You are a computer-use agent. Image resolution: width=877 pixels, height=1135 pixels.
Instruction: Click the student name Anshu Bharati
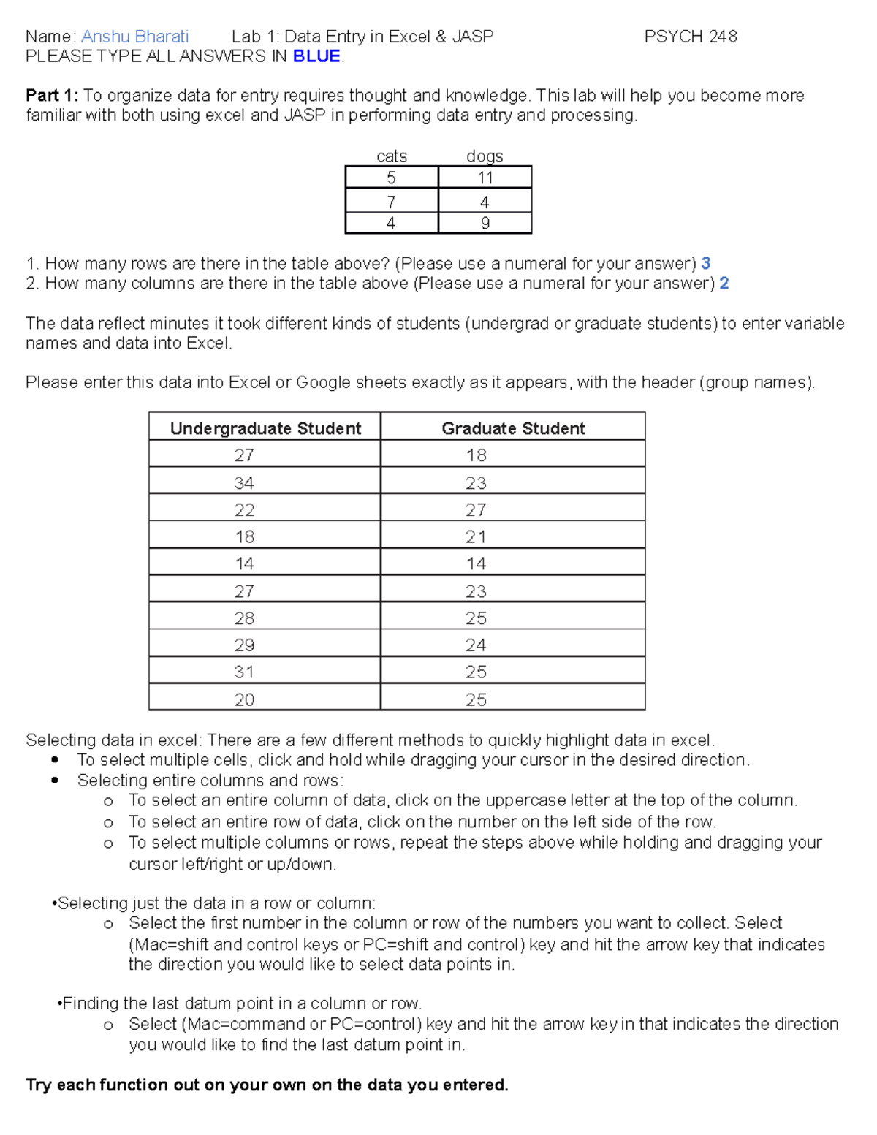click(134, 37)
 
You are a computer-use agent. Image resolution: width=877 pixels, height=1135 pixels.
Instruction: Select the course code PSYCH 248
click(690, 37)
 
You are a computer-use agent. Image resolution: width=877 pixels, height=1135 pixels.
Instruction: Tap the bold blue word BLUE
click(316, 57)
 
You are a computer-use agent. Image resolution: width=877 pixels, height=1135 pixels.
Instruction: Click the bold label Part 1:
click(52, 96)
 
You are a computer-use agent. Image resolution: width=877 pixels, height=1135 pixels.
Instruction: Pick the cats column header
click(391, 156)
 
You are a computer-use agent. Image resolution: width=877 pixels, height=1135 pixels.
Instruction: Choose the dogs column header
click(485, 156)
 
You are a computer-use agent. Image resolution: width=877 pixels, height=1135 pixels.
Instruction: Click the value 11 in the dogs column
click(485, 178)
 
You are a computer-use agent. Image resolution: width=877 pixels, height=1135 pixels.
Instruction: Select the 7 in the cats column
click(391, 202)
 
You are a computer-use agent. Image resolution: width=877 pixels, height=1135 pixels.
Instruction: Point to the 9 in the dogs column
click(485, 224)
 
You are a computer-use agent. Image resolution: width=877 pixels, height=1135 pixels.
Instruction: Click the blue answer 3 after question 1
click(705, 264)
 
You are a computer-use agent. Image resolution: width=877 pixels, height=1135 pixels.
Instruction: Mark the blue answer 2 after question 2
click(724, 284)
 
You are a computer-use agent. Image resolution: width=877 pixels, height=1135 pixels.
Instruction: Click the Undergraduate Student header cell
click(265, 428)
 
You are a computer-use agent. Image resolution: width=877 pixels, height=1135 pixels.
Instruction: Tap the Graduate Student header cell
click(513, 428)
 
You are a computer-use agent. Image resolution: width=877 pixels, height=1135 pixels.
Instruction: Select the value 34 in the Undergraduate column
click(244, 483)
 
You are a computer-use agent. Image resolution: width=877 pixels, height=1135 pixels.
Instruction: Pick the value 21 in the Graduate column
click(476, 537)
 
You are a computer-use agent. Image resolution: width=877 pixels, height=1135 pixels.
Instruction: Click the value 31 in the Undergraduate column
click(244, 672)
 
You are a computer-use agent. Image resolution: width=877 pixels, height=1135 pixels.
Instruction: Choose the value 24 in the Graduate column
click(476, 645)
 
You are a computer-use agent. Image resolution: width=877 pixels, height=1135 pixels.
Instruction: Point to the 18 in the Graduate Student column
click(476, 456)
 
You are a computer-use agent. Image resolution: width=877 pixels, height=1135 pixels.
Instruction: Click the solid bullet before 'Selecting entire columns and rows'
click(56, 781)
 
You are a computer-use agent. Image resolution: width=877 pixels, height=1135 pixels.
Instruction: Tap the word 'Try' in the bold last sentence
click(39, 1085)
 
